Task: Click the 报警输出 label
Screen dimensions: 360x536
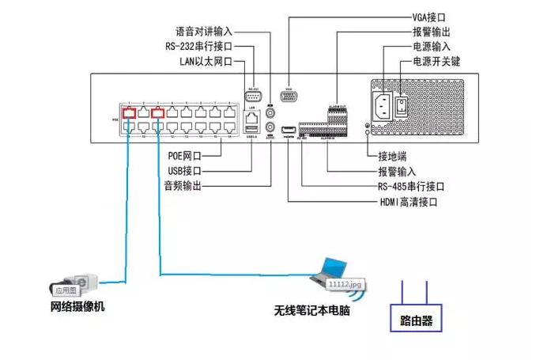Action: coord(432,32)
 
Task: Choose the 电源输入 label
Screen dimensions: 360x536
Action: coord(432,47)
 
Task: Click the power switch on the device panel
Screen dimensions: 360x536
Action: coord(402,104)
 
